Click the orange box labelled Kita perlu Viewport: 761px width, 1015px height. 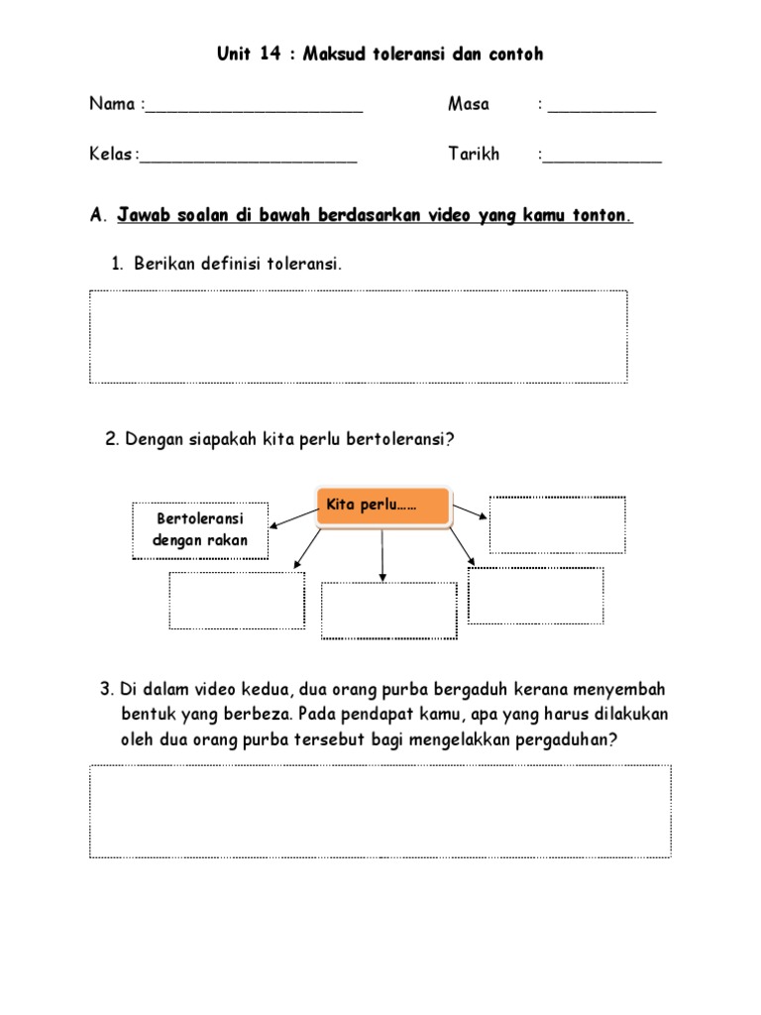382,507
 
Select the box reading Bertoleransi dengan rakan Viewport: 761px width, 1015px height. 200,530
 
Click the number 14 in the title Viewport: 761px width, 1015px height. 269,55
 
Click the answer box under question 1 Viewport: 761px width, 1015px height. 358,336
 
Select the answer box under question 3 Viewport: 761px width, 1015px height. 380,811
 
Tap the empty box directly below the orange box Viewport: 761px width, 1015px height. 389,610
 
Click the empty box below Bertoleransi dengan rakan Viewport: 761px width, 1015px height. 237,600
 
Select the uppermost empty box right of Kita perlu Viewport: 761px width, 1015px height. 557,524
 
